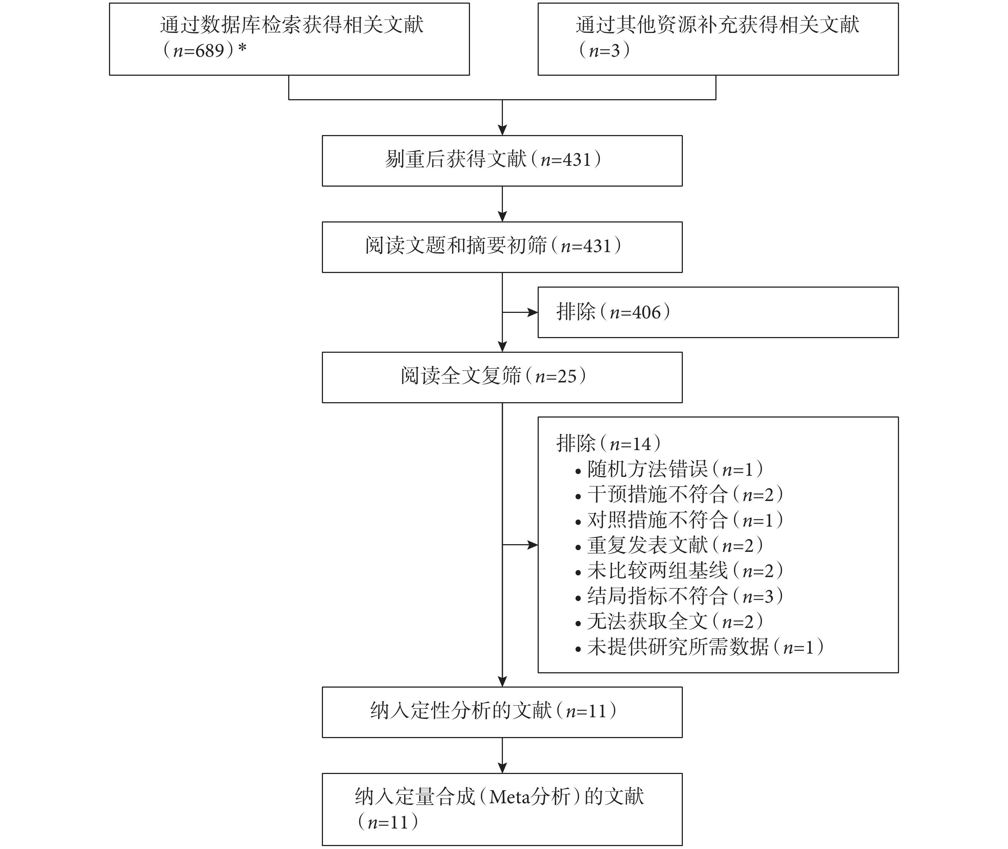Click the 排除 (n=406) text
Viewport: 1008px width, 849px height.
[x=613, y=312]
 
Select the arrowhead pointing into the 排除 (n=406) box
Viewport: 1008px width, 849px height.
[x=533, y=313]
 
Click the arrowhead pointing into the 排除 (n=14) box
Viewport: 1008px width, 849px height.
[x=533, y=545]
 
